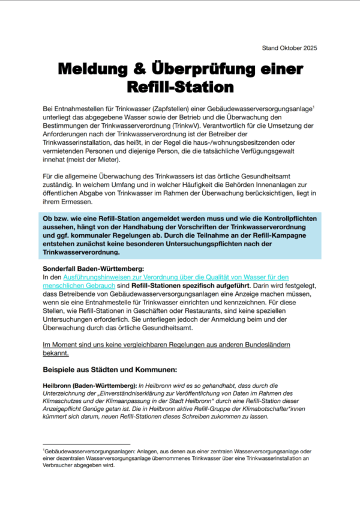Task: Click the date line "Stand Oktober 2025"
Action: (x=290, y=48)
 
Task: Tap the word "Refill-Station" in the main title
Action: (x=179, y=88)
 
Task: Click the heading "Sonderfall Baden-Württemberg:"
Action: (x=90, y=269)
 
